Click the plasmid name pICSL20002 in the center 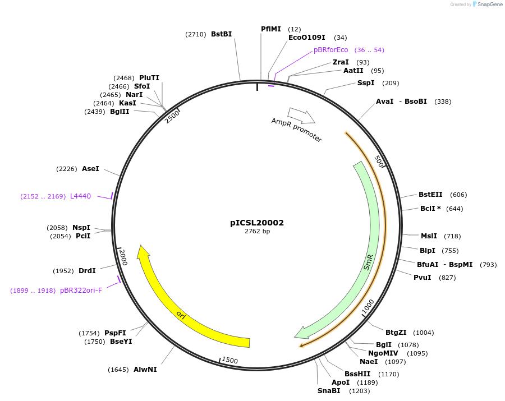[x=257, y=223]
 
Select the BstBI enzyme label [x=221, y=34]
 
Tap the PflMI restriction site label [x=270, y=29]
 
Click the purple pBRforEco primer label [x=330, y=50]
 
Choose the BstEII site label [x=430, y=195]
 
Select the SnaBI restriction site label [x=328, y=390]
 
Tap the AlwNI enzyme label [x=145, y=370]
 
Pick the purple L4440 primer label [x=80, y=196]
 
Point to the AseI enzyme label [x=90, y=169]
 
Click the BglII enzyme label [x=120, y=112]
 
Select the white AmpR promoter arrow [x=301, y=116]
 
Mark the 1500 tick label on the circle [x=229, y=360]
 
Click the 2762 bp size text [x=257, y=231]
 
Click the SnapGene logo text [x=490, y=4]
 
